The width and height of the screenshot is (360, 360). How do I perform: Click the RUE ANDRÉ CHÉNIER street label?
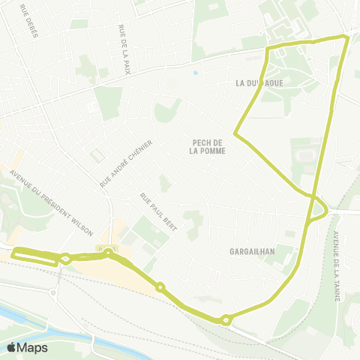pos(126,163)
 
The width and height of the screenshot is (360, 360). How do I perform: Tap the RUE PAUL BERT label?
pos(157,212)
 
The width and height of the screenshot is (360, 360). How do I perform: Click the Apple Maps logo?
pos(25,347)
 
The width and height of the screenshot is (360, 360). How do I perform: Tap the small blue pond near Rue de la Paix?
pos(195,73)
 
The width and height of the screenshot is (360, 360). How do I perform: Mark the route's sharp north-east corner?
pos(346,37)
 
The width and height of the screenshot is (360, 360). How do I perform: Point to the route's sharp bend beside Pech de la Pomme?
pos(235,135)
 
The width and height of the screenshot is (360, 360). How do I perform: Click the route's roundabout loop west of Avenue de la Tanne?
pos(316,208)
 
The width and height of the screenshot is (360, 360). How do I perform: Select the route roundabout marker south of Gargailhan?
pos(226,320)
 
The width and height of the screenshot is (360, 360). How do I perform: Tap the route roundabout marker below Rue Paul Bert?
pos(160,286)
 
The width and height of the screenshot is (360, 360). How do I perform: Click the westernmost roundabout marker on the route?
pos(66,259)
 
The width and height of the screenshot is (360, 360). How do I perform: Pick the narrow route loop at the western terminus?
pos(34,255)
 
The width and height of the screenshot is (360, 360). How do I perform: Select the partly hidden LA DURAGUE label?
pos(259,82)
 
